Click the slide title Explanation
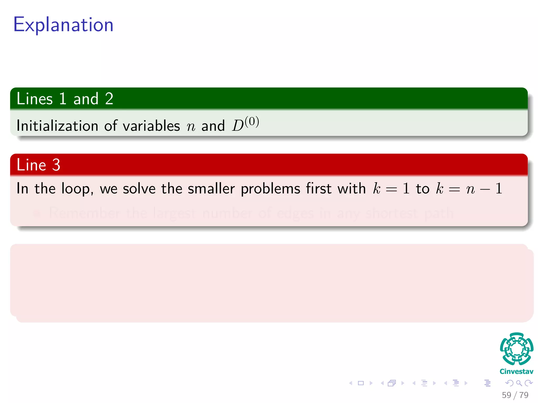tap(63, 25)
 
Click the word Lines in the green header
tap(35, 99)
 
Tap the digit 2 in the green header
tap(109, 99)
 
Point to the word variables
tap(151, 126)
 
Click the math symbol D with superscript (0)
tap(245, 124)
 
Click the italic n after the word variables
tap(191, 127)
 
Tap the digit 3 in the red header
tap(56, 165)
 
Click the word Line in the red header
tap(31, 165)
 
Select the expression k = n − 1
tap(469, 189)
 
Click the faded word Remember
tap(85, 213)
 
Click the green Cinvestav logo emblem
tap(516, 349)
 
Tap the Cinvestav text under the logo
tap(516, 372)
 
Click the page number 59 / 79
tap(515, 395)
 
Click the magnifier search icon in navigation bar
tap(519, 383)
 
